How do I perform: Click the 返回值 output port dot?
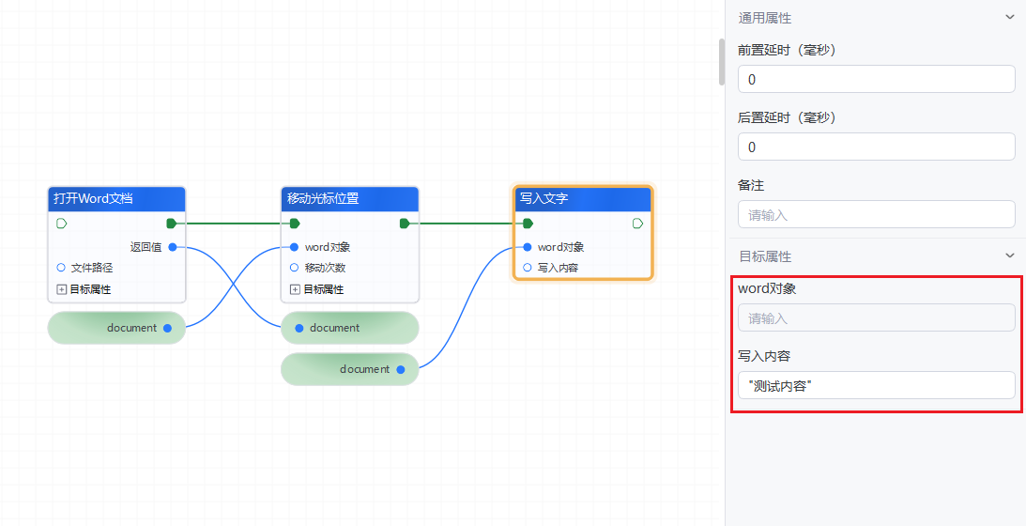tap(173, 247)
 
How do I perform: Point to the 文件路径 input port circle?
tap(61, 268)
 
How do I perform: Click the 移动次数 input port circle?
tap(294, 268)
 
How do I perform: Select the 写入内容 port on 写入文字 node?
tap(527, 268)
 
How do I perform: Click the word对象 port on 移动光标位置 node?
tap(294, 247)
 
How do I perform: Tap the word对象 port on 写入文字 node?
tap(527, 247)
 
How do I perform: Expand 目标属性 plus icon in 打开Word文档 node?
tap(62, 289)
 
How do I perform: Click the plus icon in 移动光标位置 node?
tap(295, 289)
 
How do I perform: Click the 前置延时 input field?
tap(876, 79)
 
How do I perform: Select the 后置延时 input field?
tap(876, 147)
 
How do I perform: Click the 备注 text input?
tap(876, 214)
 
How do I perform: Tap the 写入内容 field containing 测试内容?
tap(876, 385)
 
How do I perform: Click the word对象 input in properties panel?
tap(876, 317)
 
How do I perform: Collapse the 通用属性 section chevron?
tap(1010, 17)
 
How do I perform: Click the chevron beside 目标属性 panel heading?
tap(1010, 255)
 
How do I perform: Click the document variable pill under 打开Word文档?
tap(116, 328)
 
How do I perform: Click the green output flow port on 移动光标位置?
tap(405, 224)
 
